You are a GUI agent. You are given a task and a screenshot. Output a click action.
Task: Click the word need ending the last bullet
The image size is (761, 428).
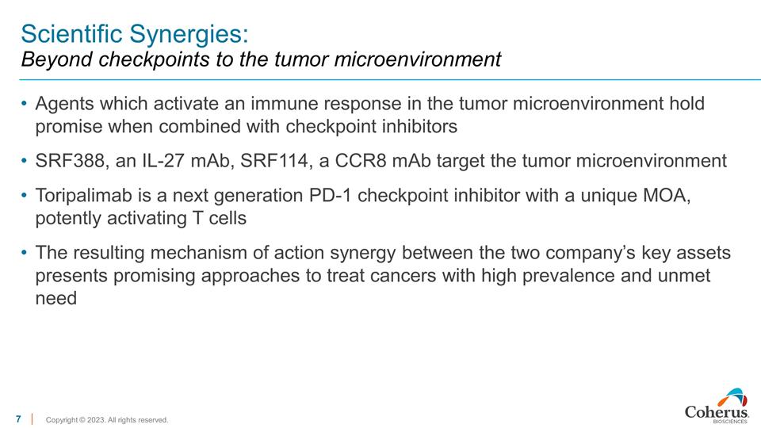[56, 299]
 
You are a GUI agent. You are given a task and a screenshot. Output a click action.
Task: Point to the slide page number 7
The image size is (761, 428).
[18, 418]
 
